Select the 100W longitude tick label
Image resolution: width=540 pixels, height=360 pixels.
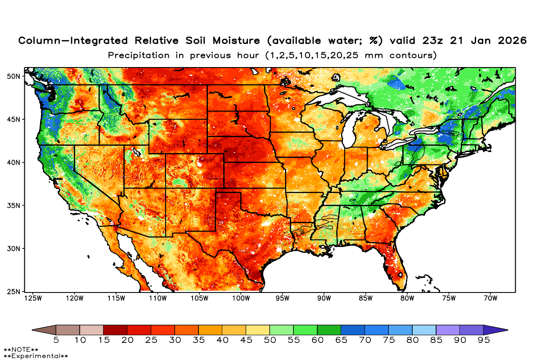(x=241, y=298)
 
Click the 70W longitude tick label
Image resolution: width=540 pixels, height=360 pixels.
(x=490, y=298)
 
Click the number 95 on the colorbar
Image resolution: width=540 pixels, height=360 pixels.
(x=483, y=341)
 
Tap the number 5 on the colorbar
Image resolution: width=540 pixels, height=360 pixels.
(x=56, y=341)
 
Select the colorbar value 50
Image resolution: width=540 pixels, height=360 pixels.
(x=270, y=341)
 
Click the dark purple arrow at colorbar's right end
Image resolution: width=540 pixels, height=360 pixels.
(x=495, y=330)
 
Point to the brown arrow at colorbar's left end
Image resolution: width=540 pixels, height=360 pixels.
(x=44, y=330)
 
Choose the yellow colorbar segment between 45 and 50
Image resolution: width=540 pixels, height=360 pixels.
(x=258, y=330)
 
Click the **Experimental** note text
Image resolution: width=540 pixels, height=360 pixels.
(x=36, y=356)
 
